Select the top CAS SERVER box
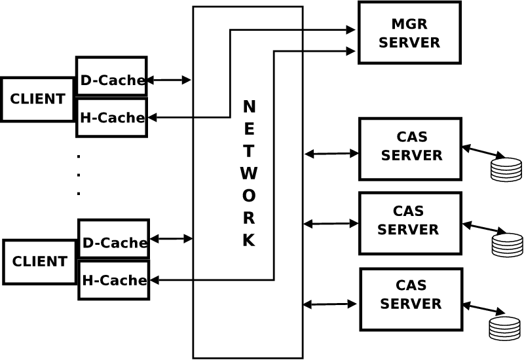point(411,149)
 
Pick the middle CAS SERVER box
point(410,223)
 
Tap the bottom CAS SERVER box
point(411,298)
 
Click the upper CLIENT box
point(37,99)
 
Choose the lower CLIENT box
point(39,262)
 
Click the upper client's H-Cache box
point(111,118)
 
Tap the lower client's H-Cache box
point(113,280)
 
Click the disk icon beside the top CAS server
point(506,169)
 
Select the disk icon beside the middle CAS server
point(507,244)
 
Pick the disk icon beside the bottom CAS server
point(504,328)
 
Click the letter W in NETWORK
point(248,173)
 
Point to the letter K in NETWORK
point(248,240)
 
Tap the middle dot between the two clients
point(79,175)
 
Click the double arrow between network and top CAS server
point(332,154)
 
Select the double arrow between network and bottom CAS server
point(330,304)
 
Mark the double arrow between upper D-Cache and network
point(168,80)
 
